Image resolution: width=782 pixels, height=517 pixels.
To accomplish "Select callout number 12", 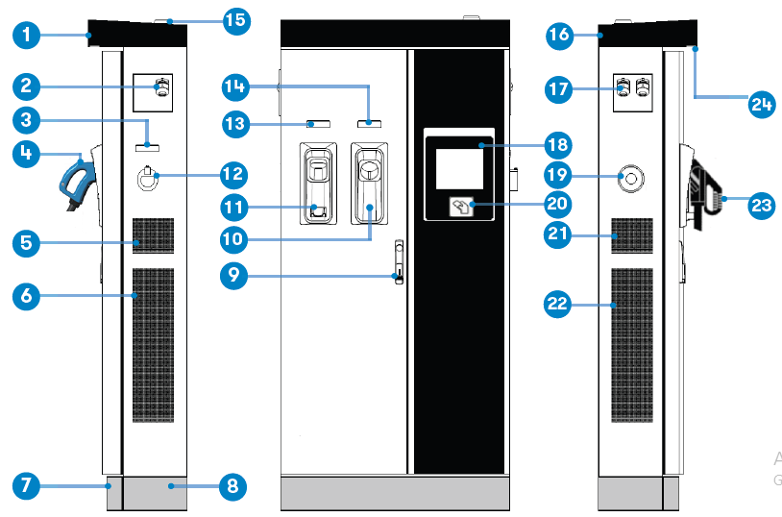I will point(232,174).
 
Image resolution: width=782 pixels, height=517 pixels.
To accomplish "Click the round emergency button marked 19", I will point(631,178).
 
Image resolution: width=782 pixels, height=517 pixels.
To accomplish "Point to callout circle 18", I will point(556,145).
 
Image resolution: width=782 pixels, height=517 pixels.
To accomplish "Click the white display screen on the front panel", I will point(459,169).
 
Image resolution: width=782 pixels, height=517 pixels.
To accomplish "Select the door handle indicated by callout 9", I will point(397,260).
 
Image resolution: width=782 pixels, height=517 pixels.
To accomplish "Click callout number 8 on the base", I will point(232,486).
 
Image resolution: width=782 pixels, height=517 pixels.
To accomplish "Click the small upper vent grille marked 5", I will point(154,234).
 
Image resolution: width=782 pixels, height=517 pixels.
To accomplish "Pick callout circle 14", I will point(232,87).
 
